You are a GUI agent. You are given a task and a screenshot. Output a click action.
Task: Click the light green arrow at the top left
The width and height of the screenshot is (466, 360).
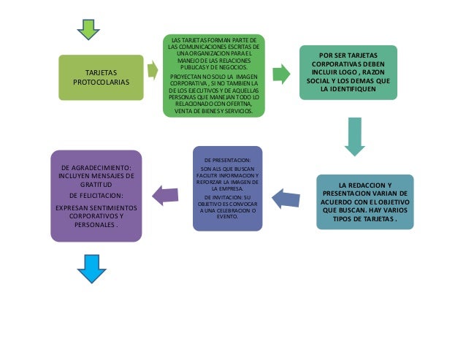coord(89,28)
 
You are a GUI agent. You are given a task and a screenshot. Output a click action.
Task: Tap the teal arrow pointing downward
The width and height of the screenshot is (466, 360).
coord(354,136)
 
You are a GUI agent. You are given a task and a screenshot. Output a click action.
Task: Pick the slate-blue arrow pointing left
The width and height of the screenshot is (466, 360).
coord(286,196)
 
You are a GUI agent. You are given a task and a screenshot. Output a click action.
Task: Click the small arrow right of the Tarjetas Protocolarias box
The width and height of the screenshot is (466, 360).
coord(153,70)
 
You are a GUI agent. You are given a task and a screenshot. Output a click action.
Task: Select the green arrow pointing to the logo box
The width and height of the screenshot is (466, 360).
coord(280,74)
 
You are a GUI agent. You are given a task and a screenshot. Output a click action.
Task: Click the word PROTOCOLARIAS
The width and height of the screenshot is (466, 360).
coord(102,82)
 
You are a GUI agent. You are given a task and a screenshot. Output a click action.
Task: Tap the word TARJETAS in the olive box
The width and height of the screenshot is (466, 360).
coord(101,72)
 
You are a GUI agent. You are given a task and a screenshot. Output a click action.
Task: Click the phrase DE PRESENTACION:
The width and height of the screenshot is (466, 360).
coord(228,159)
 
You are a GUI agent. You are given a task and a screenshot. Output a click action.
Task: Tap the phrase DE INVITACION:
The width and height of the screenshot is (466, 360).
coord(223,198)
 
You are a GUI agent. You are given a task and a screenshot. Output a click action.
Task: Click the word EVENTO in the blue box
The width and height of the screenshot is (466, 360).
coord(228,217)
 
